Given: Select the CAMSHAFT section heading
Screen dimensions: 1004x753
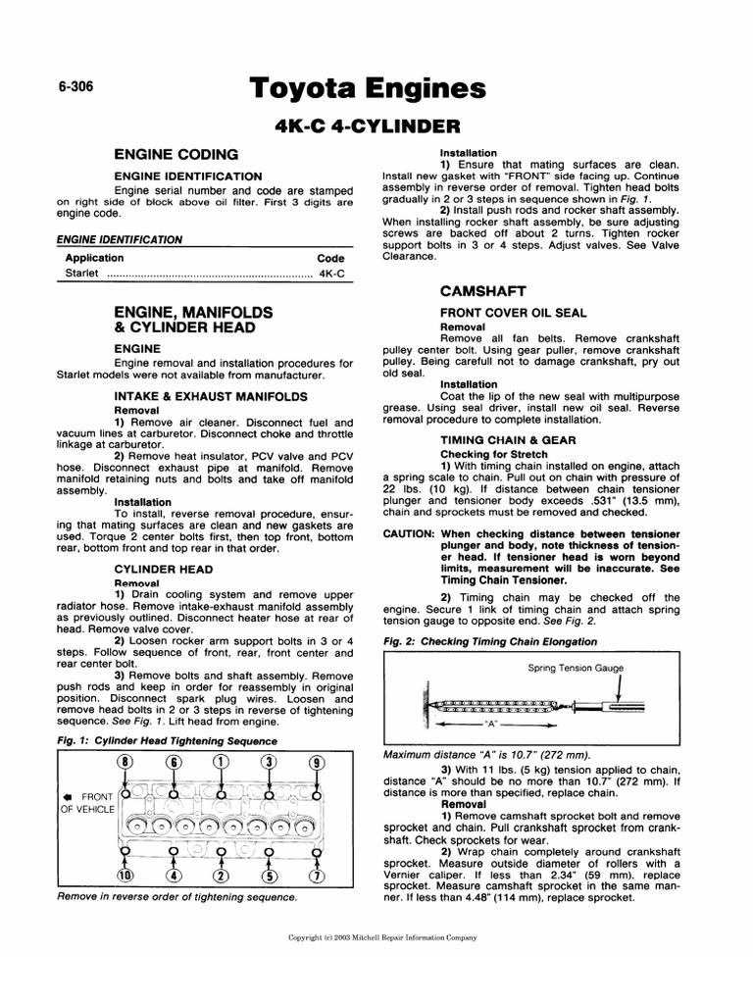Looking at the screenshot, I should [x=483, y=291].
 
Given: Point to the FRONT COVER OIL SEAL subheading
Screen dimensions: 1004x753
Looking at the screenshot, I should [x=514, y=313].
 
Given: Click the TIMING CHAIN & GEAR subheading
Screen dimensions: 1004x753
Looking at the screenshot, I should [x=508, y=441].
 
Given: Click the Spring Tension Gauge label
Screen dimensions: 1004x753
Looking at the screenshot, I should [x=576, y=669].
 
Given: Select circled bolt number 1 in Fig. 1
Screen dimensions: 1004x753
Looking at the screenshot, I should [x=222, y=762].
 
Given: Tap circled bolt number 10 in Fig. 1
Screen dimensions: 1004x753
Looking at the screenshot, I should [x=125, y=876].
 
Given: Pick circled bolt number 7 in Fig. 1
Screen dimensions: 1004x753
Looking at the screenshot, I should [x=317, y=876].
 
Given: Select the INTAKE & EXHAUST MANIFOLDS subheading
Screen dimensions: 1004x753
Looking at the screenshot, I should [x=211, y=396].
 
